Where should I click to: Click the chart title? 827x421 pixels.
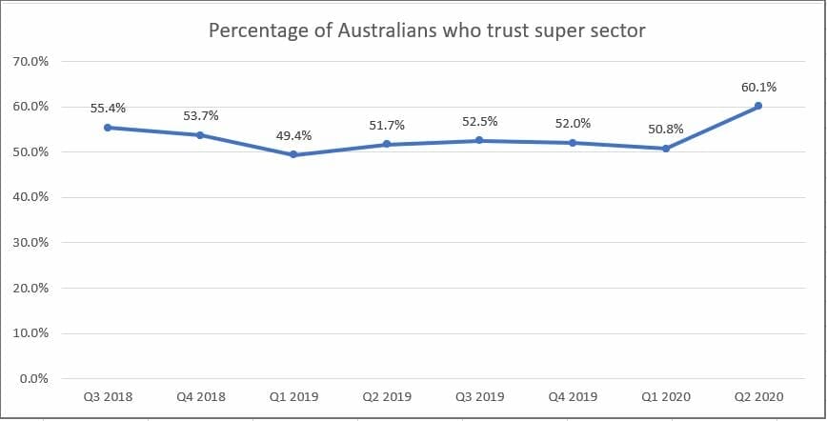427,30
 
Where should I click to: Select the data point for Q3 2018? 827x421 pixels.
108,128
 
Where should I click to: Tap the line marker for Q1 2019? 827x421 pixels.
293,154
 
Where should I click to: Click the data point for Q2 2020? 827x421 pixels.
758,106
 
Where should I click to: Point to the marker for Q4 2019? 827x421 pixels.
573,143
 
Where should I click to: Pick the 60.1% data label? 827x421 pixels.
758,88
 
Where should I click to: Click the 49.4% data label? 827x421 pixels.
293,136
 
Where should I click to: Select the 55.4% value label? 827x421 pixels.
108,109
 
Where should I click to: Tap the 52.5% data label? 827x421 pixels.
479,122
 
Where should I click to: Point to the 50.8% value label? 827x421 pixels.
666,130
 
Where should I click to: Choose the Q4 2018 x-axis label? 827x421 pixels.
200,396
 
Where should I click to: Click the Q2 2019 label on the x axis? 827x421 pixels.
387,396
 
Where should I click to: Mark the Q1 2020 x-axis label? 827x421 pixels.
666,396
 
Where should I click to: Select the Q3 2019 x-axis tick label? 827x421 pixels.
479,396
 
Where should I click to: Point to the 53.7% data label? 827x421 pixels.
200,116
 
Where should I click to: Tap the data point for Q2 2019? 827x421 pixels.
387,144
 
